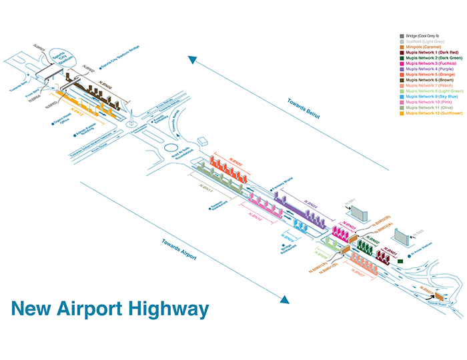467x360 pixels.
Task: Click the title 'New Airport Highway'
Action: coord(110,309)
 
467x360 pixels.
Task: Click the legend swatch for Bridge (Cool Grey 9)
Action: coord(401,35)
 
